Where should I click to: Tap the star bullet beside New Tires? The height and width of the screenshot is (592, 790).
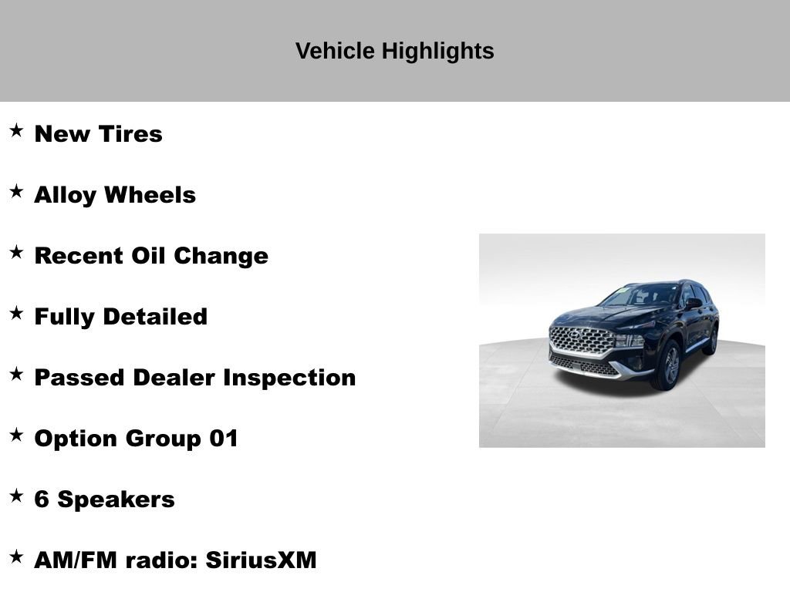pyautogui.click(x=16, y=131)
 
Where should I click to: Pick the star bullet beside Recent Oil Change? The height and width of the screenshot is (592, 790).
pyautogui.click(x=16, y=253)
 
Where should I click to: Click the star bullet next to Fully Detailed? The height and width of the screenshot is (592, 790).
pyautogui.click(x=16, y=314)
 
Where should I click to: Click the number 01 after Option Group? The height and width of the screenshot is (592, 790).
pyautogui.click(x=224, y=439)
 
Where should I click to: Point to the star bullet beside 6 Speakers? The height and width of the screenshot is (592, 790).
pyautogui.click(x=16, y=496)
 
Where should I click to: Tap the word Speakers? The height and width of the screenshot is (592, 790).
pyautogui.click(x=116, y=499)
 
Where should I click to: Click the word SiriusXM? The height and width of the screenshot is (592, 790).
pyautogui.click(x=261, y=560)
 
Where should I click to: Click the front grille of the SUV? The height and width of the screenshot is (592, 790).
pyautogui.click(x=582, y=340)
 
